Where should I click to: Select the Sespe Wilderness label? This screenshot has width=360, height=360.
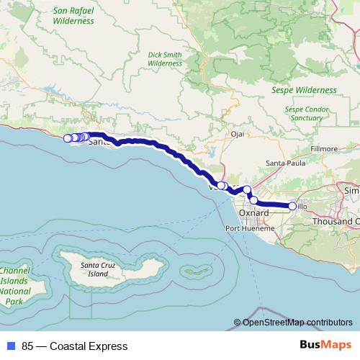point(305,91)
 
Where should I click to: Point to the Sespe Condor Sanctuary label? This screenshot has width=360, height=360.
point(308,113)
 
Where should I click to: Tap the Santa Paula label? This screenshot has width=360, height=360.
point(284,163)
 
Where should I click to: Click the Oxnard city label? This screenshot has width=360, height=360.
point(253,214)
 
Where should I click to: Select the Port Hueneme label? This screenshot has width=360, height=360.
point(249,228)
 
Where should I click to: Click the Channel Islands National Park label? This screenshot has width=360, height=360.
point(15,286)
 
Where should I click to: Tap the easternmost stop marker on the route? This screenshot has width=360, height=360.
point(292,207)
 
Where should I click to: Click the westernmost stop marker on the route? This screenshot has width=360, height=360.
point(67,138)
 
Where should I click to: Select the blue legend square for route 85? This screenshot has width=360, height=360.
point(9,346)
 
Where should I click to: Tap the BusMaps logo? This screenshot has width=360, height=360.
point(326,346)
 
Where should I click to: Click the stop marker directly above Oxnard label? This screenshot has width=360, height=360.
point(253,200)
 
